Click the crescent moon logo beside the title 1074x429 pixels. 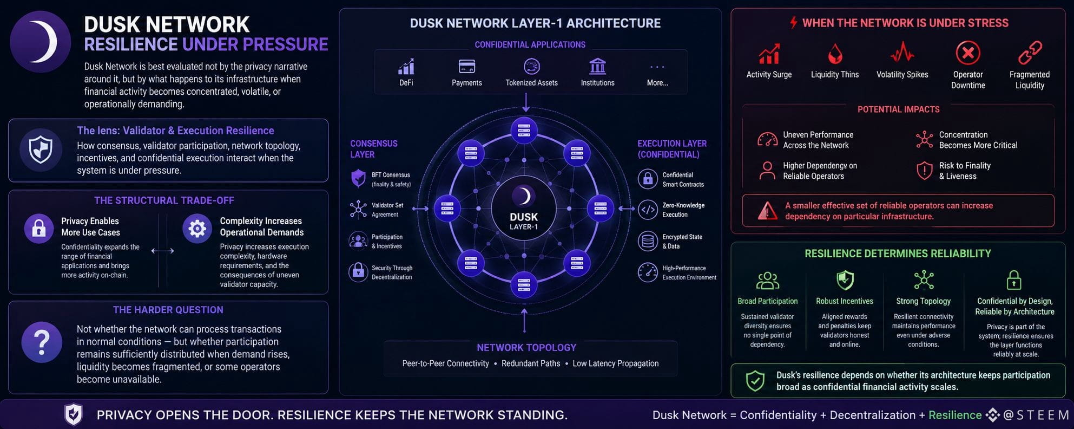41,42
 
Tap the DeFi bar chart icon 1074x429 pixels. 406,67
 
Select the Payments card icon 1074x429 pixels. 466,67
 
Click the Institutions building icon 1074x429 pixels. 597,66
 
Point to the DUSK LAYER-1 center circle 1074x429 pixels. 524,209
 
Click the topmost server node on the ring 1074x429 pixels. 524,131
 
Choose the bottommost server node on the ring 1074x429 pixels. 524,285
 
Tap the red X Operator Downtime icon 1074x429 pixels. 968,53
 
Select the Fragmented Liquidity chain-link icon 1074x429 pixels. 1030,53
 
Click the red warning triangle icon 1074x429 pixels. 767,211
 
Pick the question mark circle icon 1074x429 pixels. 42,342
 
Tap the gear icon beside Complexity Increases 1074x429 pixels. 197,229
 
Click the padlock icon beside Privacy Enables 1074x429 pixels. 39,229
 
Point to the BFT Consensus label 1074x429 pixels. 391,175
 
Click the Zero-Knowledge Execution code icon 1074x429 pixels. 648,210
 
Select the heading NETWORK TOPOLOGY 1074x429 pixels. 526,348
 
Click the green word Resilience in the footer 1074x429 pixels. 955,415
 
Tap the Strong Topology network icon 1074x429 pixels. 924,280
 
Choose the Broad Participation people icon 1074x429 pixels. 767,281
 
